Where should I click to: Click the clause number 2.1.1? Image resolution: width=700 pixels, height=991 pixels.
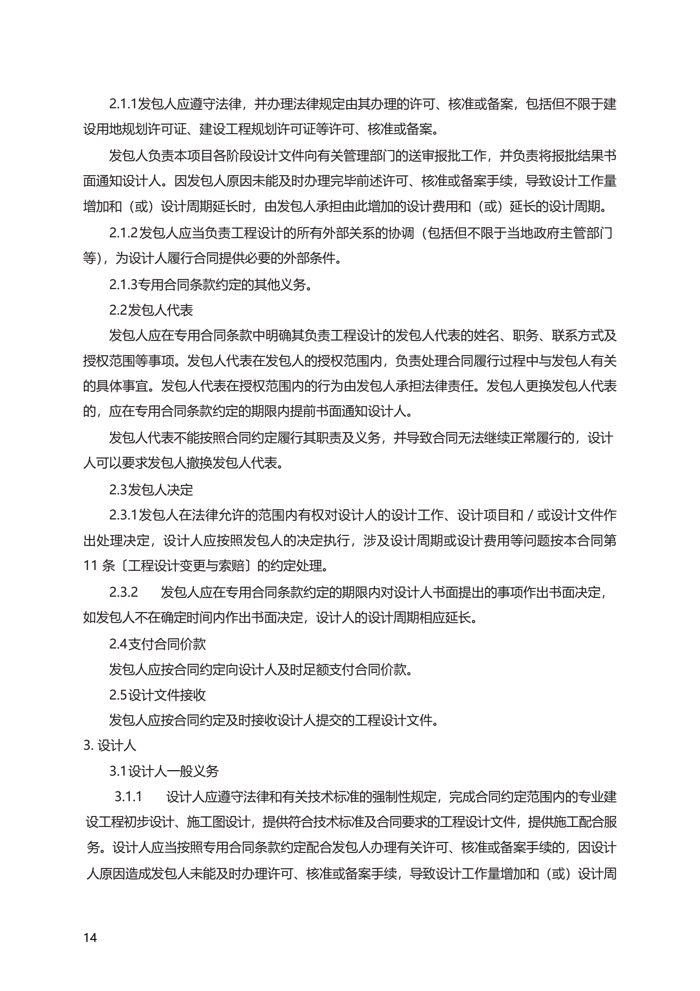click(x=123, y=104)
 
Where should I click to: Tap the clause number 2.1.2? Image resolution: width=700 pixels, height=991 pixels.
click(x=123, y=233)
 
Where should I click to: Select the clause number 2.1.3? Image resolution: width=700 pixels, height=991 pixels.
click(x=123, y=284)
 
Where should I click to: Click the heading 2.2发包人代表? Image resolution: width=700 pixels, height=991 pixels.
click(x=151, y=310)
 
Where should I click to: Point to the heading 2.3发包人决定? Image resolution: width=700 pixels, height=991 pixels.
click(x=151, y=490)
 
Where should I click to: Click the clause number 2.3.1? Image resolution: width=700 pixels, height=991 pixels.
click(x=123, y=515)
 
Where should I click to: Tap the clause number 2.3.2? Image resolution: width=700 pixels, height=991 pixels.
click(x=124, y=592)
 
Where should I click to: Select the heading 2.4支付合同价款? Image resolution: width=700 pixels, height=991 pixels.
click(x=158, y=644)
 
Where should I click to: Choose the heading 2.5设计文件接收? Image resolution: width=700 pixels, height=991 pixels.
click(x=158, y=695)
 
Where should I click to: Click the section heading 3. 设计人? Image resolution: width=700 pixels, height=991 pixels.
click(x=110, y=745)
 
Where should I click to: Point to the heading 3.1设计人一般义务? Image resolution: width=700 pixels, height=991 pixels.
click(x=164, y=771)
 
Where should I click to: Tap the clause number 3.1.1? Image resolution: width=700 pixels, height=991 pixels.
click(x=128, y=797)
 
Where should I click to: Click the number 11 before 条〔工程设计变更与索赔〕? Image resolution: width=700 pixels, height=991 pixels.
click(x=90, y=566)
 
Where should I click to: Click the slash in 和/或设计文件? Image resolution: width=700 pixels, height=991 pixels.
click(x=530, y=515)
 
